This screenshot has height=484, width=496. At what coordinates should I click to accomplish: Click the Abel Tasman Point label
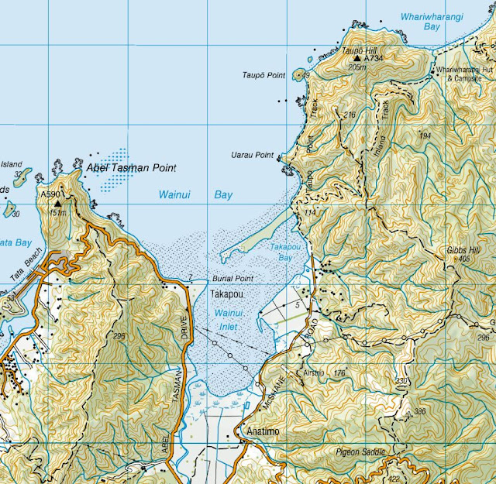pyautogui.click(x=131, y=167)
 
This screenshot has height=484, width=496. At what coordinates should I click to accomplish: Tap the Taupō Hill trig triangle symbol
pyautogui.click(x=357, y=58)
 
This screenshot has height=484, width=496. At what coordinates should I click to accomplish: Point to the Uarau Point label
pyautogui.click(x=253, y=155)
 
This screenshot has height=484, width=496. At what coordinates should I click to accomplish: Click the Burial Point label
pyautogui.click(x=232, y=277)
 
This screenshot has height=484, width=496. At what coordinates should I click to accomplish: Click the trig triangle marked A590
pyautogui.click(x=57, y=203)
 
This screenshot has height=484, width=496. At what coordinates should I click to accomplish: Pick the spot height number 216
pyautogui.click(x=350, y=115)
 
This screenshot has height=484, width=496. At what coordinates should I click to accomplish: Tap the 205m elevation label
pyautogui.click(x=356, y=67)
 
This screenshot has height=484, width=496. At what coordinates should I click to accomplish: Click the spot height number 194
pyautogui.click(x=424, y=136)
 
